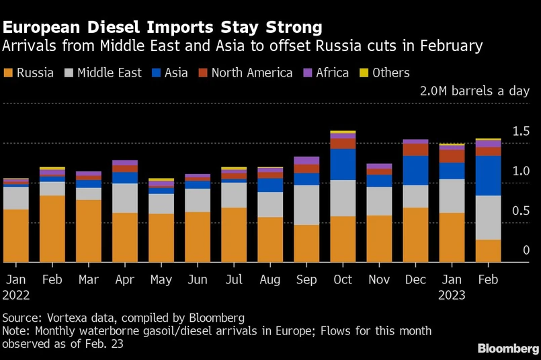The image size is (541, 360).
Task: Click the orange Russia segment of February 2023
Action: [x=488, y=251]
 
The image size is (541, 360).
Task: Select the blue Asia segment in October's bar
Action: [x=343, y=164]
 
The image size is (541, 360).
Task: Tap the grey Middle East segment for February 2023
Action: [x=488, y=218]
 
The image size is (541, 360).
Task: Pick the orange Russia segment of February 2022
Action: [x=52, y=228]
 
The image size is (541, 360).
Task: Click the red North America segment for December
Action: [x=415, y=150]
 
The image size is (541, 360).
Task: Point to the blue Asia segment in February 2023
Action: [x=488, y=175]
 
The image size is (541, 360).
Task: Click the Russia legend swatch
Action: [x=8, y=73]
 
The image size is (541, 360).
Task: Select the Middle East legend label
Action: [x=110, y=73]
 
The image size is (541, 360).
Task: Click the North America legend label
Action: [x=251, y=73]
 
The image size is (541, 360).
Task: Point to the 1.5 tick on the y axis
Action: [x=522, y=132]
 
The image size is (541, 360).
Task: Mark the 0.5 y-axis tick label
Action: [x=522, y=211]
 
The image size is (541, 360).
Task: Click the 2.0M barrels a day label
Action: [x=474, y=91]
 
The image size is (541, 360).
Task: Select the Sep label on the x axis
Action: [x=306, y=279]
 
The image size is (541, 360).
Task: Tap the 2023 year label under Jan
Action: [x=452, y=294]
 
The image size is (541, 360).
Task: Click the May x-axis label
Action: [x=161, y=279]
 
